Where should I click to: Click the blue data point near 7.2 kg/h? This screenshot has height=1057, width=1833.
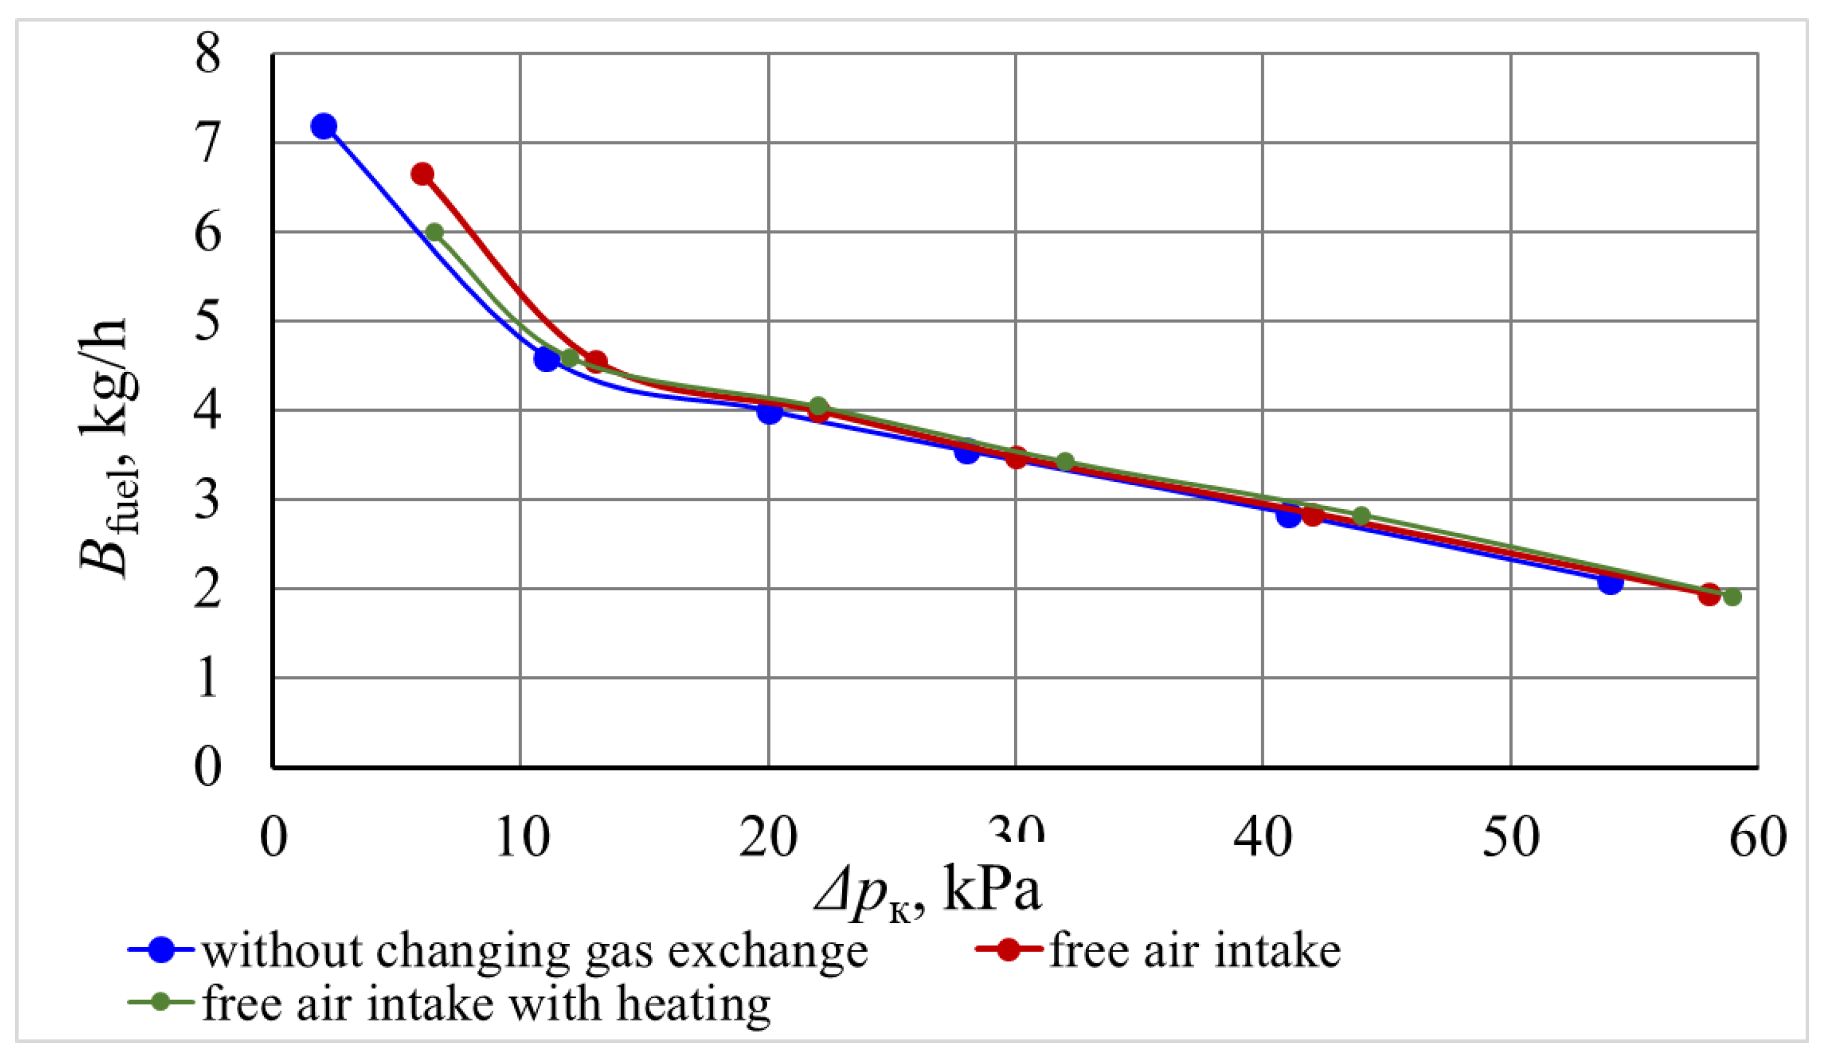click(x=323, y=126)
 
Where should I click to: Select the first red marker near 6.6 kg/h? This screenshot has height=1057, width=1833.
click(x=422, y=174)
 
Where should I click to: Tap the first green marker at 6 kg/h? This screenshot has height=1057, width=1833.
click(x=434, y=233)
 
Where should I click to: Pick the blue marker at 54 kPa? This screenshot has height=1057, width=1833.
click(x=1610, y=582)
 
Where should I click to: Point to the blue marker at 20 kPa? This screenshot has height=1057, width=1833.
click(x=769, y=412)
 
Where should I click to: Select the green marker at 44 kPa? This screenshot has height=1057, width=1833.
click(x=1362, y=516)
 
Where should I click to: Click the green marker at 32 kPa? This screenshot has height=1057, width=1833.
click(x=1065, y=462)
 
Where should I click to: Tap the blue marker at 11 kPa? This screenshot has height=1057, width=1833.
click(x=546, y=359)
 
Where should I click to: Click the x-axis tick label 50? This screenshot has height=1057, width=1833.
click(x=1511, y=838)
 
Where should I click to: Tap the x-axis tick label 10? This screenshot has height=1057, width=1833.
click(x=521, y=838)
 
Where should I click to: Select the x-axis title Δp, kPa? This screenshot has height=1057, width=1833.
click(x=927, y=892)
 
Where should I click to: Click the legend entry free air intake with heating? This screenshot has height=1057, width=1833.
click(x=485, y=1004)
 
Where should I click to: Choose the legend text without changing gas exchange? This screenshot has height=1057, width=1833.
click(x=534, y=951)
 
